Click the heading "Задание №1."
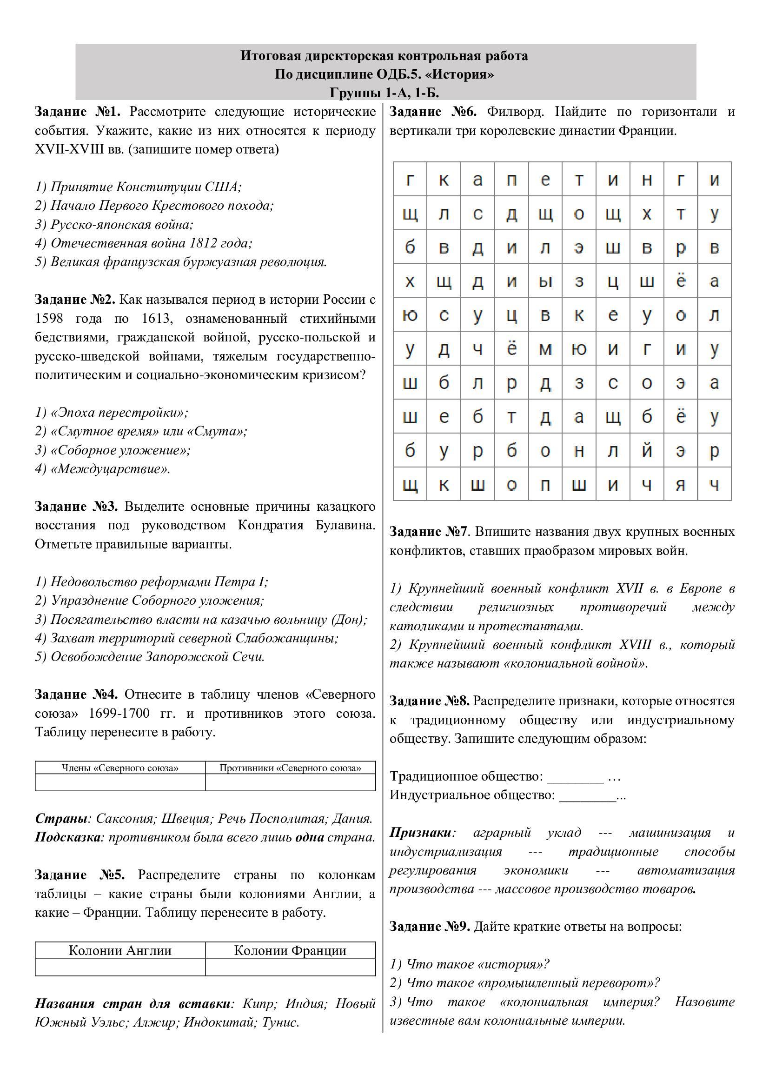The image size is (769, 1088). (x=78, y=112)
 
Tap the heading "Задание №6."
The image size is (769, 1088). (x=433, y=112)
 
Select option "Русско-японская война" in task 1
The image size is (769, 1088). (x=122, y=224)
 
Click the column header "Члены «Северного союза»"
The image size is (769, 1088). (x=120, y=768)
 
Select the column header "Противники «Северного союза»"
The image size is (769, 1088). (x=290, y=768)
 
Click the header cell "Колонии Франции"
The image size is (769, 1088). (x=290, y=950)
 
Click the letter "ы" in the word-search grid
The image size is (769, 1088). (x=545, y=281)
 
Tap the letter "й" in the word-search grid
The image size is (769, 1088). (x=647, y=451)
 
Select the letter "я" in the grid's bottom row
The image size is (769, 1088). (x=681, y=485)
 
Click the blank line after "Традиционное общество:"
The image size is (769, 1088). (x=575, y=777)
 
